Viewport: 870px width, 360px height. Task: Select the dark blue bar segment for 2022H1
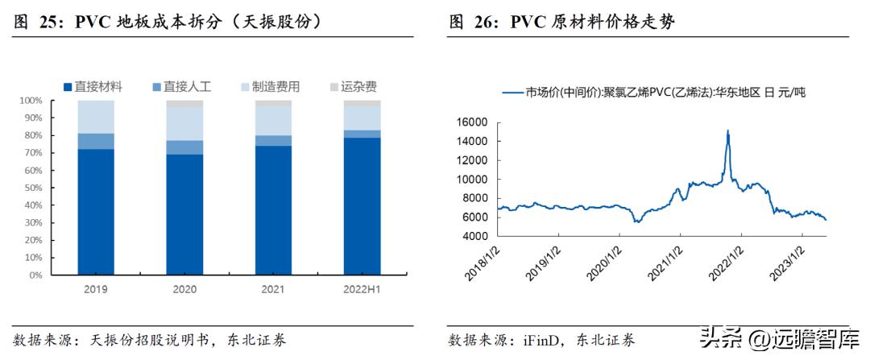point(362,206)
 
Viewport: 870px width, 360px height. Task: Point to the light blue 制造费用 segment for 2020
point(184,123)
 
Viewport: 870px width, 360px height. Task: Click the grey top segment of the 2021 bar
point(273,103)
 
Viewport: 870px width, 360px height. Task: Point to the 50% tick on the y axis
point(31,188)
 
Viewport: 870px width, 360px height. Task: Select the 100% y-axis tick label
point(30,101)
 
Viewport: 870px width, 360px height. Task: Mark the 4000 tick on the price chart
point(474,236)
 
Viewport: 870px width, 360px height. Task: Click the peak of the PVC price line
point(728,130)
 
